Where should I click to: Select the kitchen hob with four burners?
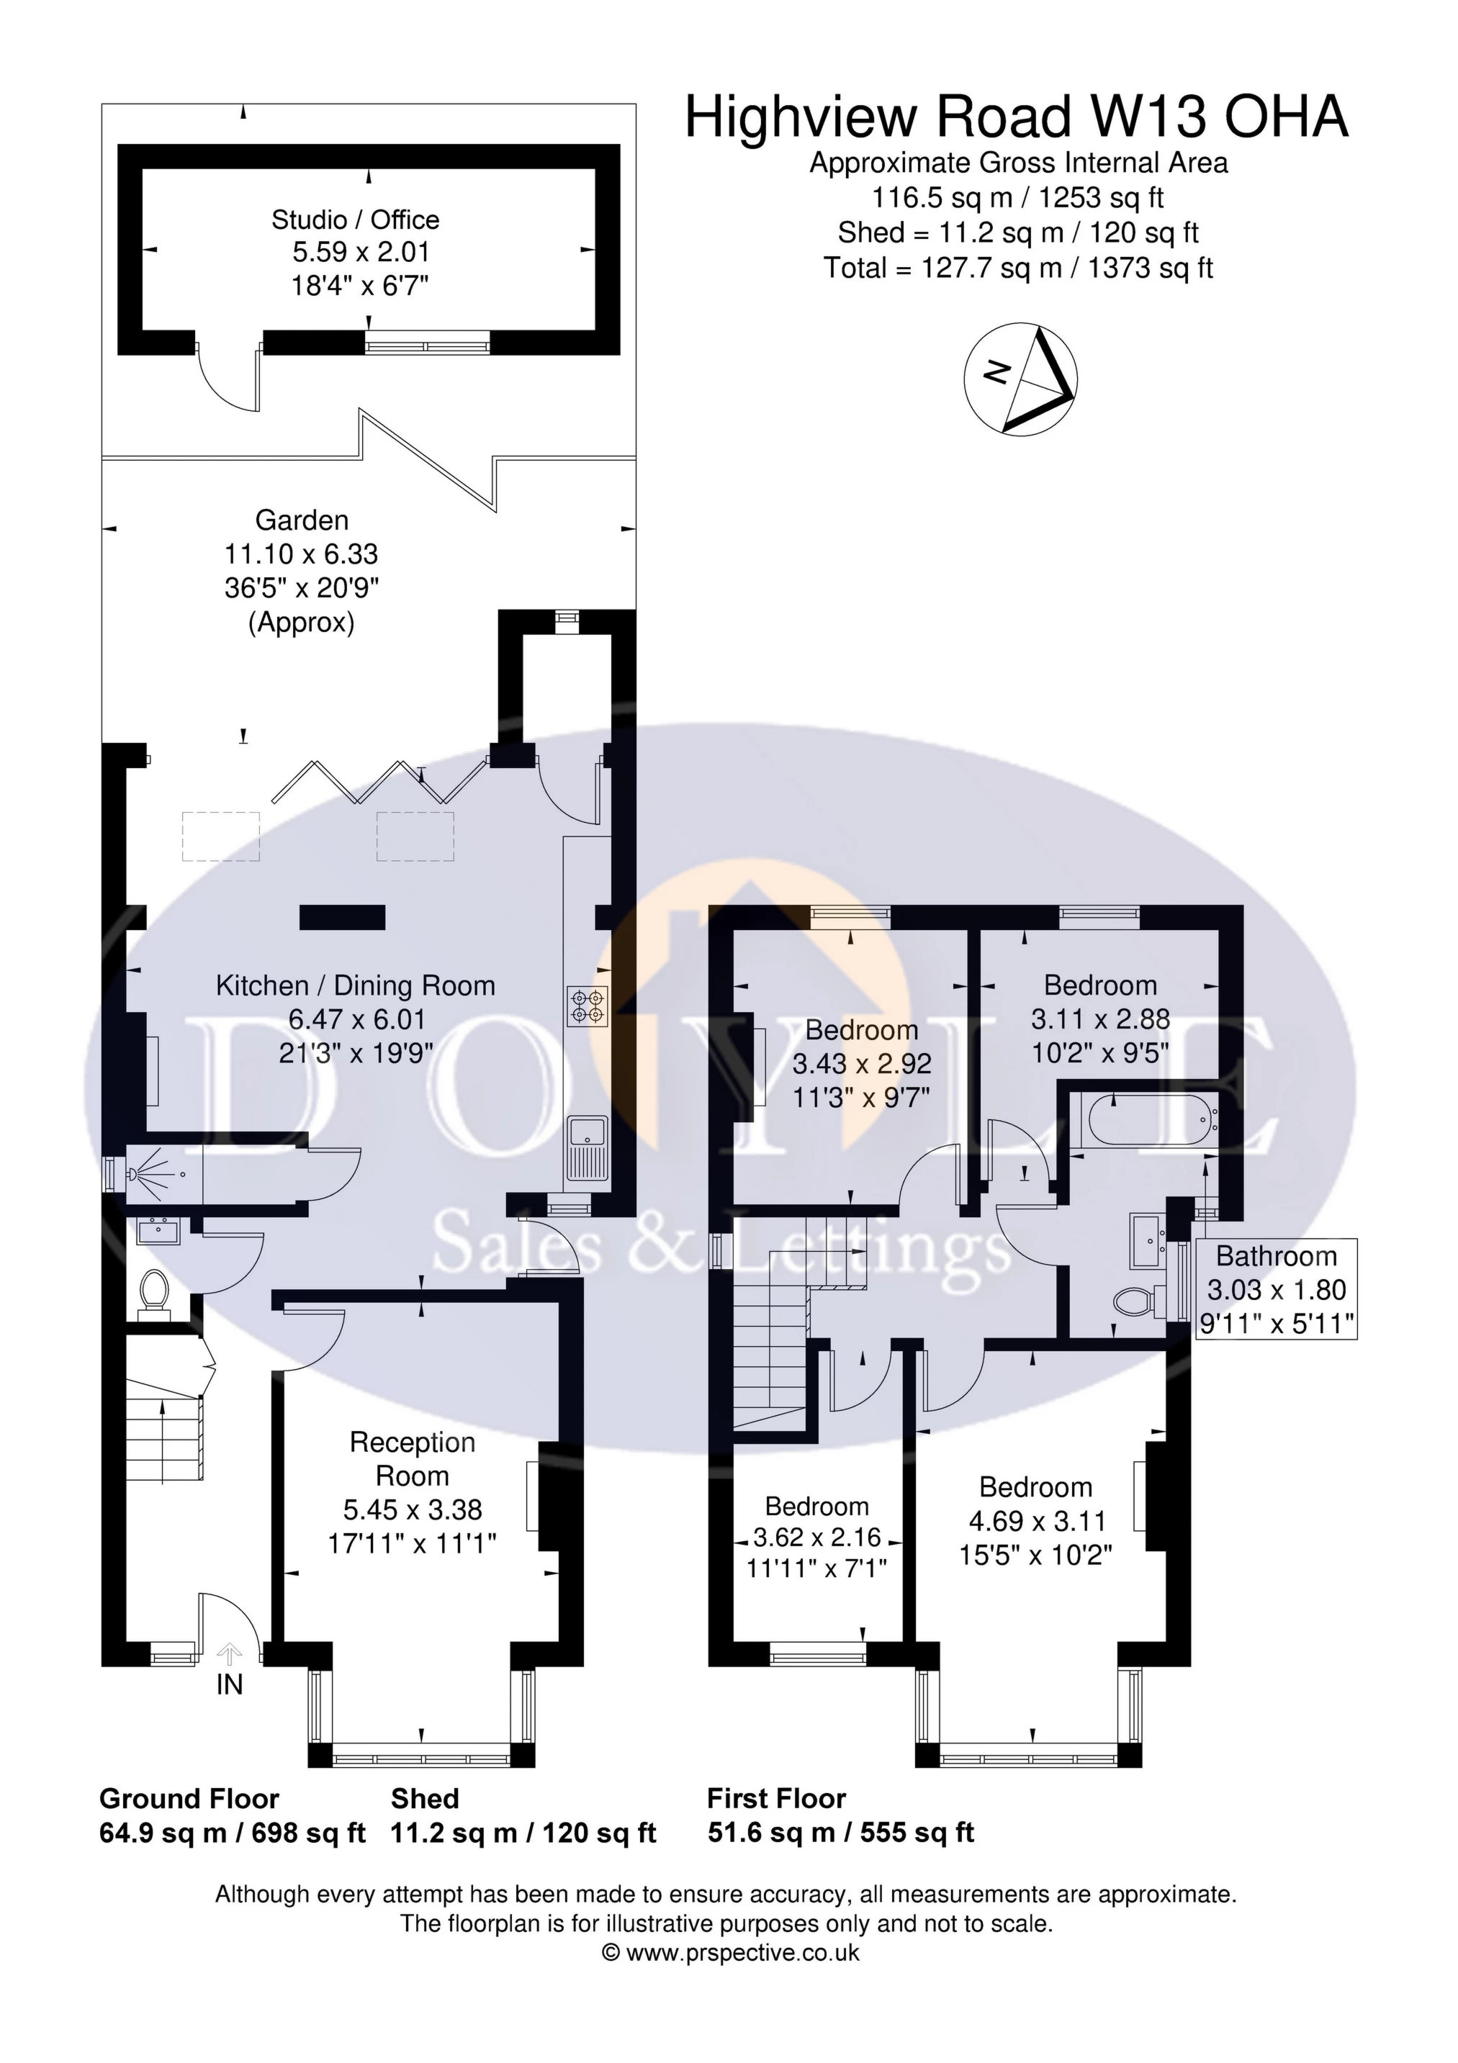tap(587, 1006)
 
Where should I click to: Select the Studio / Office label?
tap(356, 220)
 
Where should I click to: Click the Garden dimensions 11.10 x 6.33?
tap(301, 554)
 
